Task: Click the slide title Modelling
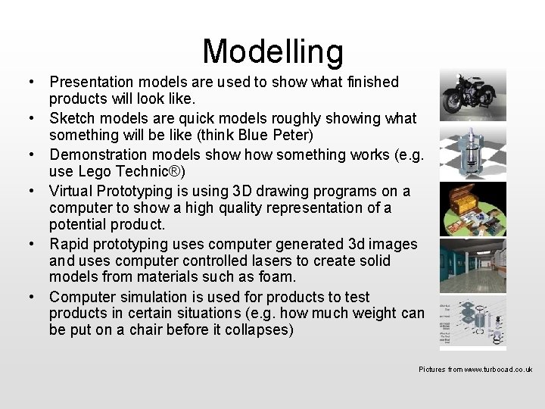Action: [272, 52]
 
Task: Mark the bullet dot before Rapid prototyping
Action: [36, 244]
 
